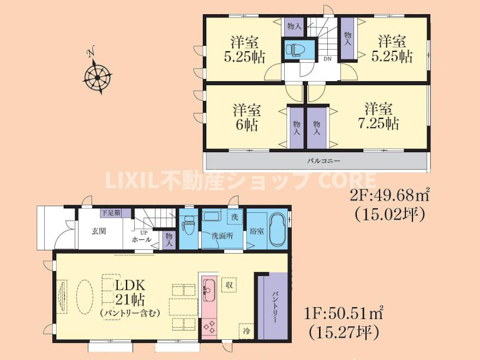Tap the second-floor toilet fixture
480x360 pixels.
(x=293, y=50)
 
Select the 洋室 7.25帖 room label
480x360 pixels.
(x=379, y=116)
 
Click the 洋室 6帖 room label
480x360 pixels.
(x=247, y=118)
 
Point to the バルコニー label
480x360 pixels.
(x=323, y=160)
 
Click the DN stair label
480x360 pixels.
(x=328, y=59)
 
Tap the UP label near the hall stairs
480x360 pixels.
(x=143, y=233)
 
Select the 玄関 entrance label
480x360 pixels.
(x=99, y=231)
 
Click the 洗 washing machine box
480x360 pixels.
(x=235, y=217)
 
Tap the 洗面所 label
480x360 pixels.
(x=222, y=236)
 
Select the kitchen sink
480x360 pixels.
(x=209, y=289)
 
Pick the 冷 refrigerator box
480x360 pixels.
(x=247, y=331)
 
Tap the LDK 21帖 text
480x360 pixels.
(x=130, y=292)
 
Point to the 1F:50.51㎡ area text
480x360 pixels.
(x=344, y=313)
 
